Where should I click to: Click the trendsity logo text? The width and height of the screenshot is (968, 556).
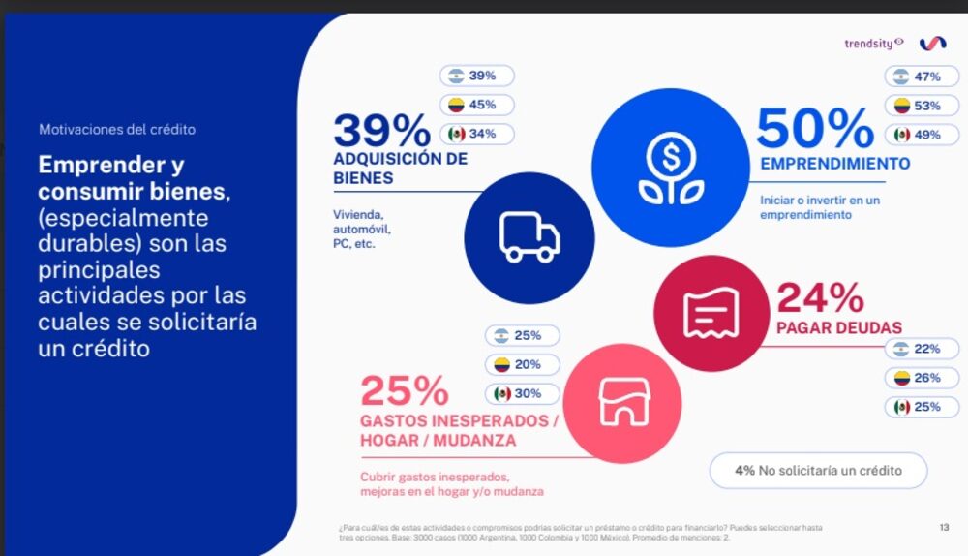pos(873,43)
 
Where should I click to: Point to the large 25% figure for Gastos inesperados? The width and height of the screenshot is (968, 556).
pos(405,391)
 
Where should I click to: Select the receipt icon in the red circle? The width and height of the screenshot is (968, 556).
pos(711,312)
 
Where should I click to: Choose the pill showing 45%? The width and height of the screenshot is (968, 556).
pos(478,105)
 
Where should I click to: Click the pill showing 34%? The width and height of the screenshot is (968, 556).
pos(478,134)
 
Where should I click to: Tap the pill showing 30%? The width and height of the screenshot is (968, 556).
pos(523,394)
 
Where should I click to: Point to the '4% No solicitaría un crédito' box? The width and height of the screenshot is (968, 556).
pos(818,471)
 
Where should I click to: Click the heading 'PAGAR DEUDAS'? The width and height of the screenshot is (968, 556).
pos(838,327)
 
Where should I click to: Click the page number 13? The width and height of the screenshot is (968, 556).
pos(944,527)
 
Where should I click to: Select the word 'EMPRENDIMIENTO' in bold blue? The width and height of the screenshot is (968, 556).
pos(834,164)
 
